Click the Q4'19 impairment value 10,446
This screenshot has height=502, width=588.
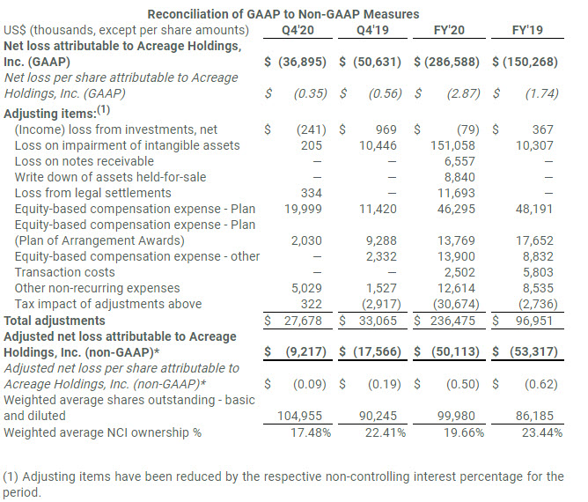[385, 145]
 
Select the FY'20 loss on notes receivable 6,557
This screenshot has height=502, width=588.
[461, 161]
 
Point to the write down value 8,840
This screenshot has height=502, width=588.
[461, 177]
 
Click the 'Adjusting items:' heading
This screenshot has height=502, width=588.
[51, 114]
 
